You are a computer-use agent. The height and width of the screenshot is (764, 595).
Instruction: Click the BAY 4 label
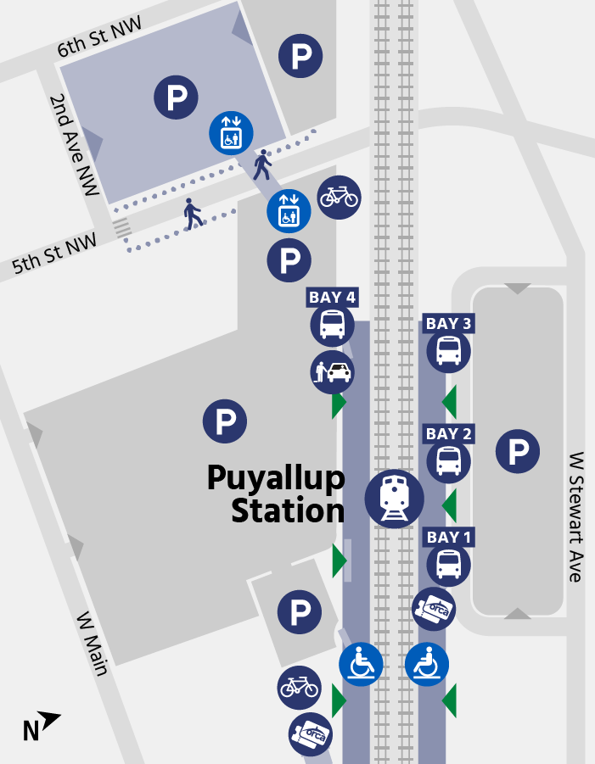(x=331, y=297)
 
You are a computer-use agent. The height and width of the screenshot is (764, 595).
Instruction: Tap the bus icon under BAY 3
(x=448, y=351)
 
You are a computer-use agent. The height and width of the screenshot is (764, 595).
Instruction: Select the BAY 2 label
(x=448, y=434)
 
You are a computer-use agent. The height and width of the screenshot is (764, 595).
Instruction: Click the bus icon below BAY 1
(x=448, y=564)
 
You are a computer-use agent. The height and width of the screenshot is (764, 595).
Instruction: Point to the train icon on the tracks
(x=395, y=499)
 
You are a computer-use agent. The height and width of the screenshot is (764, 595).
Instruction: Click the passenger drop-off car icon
(x=332, y=371)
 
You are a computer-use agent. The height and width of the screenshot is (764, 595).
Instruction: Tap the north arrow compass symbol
(x=41, y=726)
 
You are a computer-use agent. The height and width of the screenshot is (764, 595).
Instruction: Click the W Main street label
(x=93, y=644)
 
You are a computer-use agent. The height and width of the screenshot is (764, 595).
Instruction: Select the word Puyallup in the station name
(x=276, y=479)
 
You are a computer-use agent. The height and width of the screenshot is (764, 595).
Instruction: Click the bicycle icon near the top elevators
(x=339, y=198)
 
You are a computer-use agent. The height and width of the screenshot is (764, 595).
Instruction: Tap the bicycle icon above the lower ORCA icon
(x=300, y=687)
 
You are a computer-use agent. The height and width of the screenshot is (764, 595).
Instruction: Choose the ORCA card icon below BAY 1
(x=434, y=609)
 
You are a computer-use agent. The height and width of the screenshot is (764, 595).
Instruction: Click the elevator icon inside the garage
(x=231, y=134)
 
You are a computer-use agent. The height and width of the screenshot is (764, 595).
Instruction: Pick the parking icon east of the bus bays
(x=518, y=451)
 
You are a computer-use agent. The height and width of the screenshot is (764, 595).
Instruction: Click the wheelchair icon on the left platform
(x=361, y=663)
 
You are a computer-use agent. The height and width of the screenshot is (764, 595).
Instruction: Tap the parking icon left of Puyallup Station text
(x=224, y=421)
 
